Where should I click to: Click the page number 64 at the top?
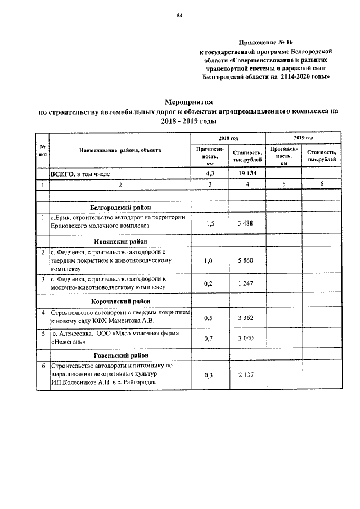[179, 15]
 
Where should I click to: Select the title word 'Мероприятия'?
[188, 102]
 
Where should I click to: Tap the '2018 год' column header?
[228, 138]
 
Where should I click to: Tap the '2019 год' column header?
[303, 138]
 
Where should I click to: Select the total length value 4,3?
[210, 174]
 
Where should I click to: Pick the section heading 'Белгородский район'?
[120, 208]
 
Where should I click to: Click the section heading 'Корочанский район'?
[120, 300]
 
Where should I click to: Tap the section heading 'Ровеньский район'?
[120, 355]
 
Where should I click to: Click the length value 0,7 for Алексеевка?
[210, 338]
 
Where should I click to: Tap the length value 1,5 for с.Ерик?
[210, 223]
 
